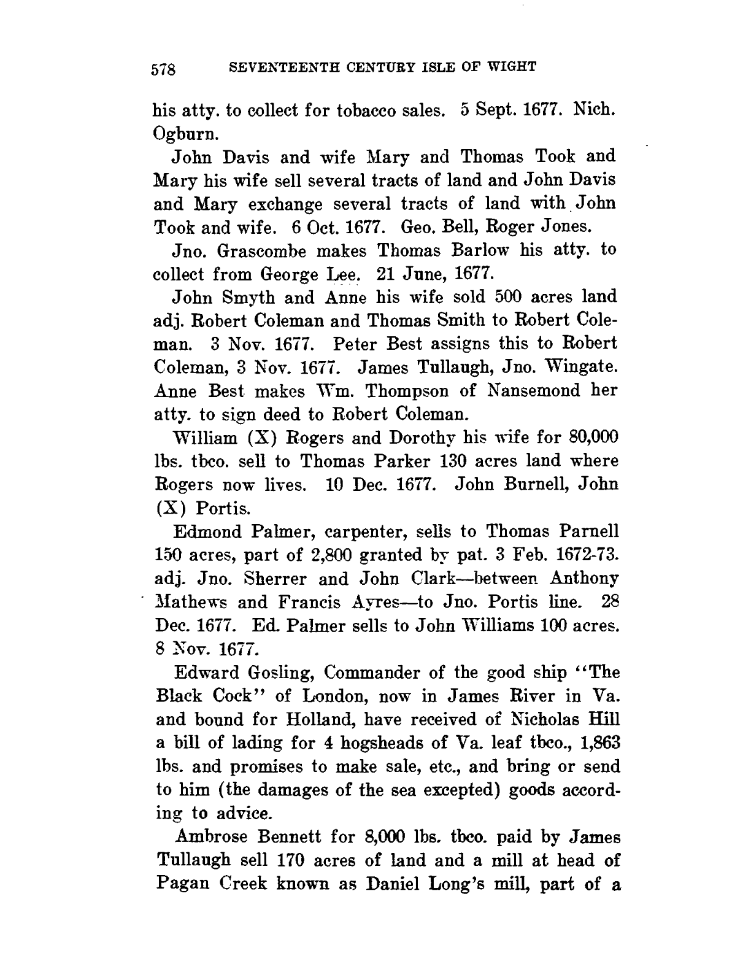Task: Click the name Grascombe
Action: (x=266, y=251)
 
